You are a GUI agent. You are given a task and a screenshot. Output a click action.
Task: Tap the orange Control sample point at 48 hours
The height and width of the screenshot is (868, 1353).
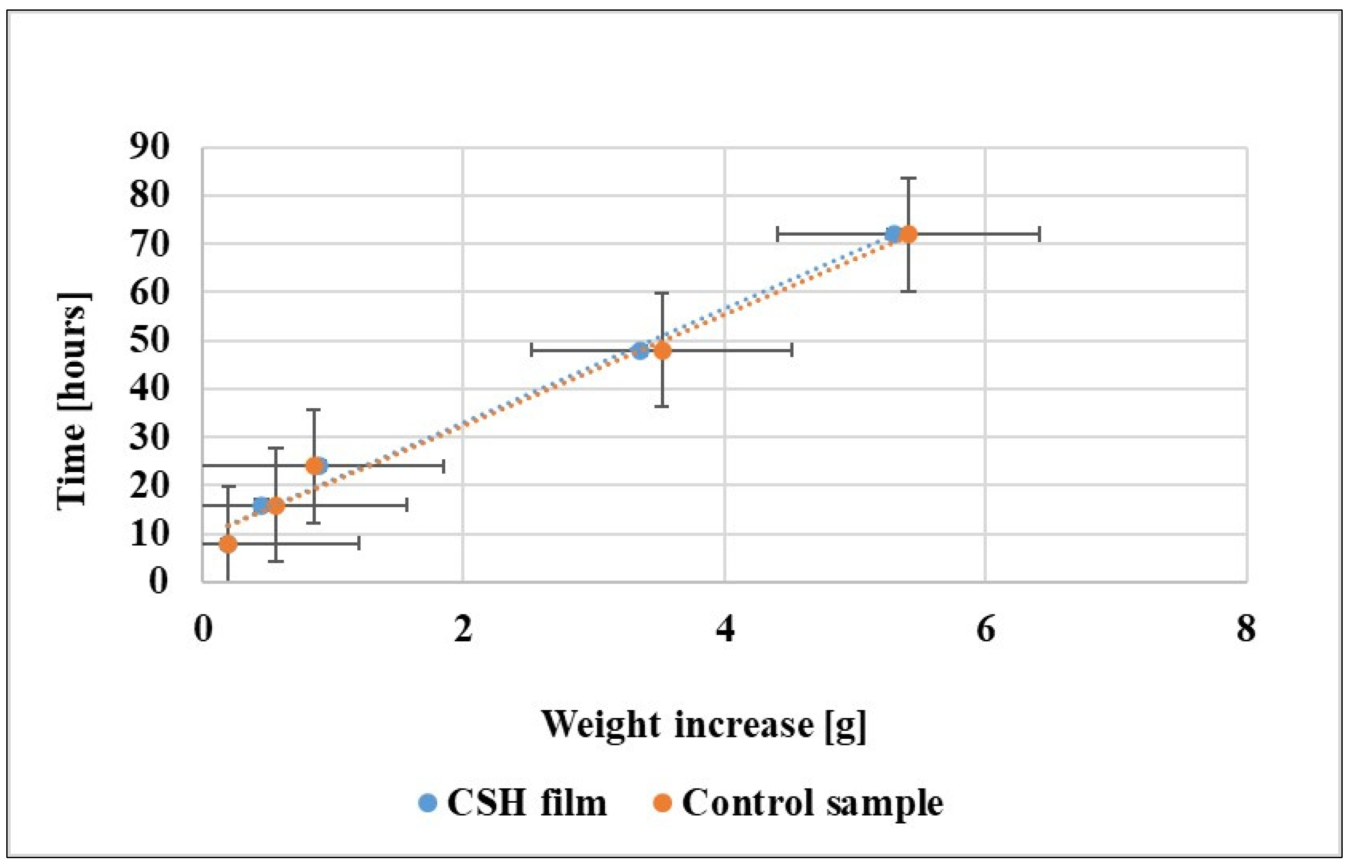point(663,350)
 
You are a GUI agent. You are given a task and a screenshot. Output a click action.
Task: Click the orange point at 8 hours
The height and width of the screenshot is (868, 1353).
point(228,544)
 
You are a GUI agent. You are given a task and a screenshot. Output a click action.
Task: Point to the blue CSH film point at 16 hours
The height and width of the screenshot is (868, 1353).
point(260,504)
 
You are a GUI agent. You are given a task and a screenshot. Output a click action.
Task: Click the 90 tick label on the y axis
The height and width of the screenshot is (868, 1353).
point(149,148)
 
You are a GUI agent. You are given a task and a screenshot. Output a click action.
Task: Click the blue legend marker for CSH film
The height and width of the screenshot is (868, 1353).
point(428,803)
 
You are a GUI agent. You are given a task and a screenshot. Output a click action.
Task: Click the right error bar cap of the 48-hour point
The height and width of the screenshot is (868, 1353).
point(792,350)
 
